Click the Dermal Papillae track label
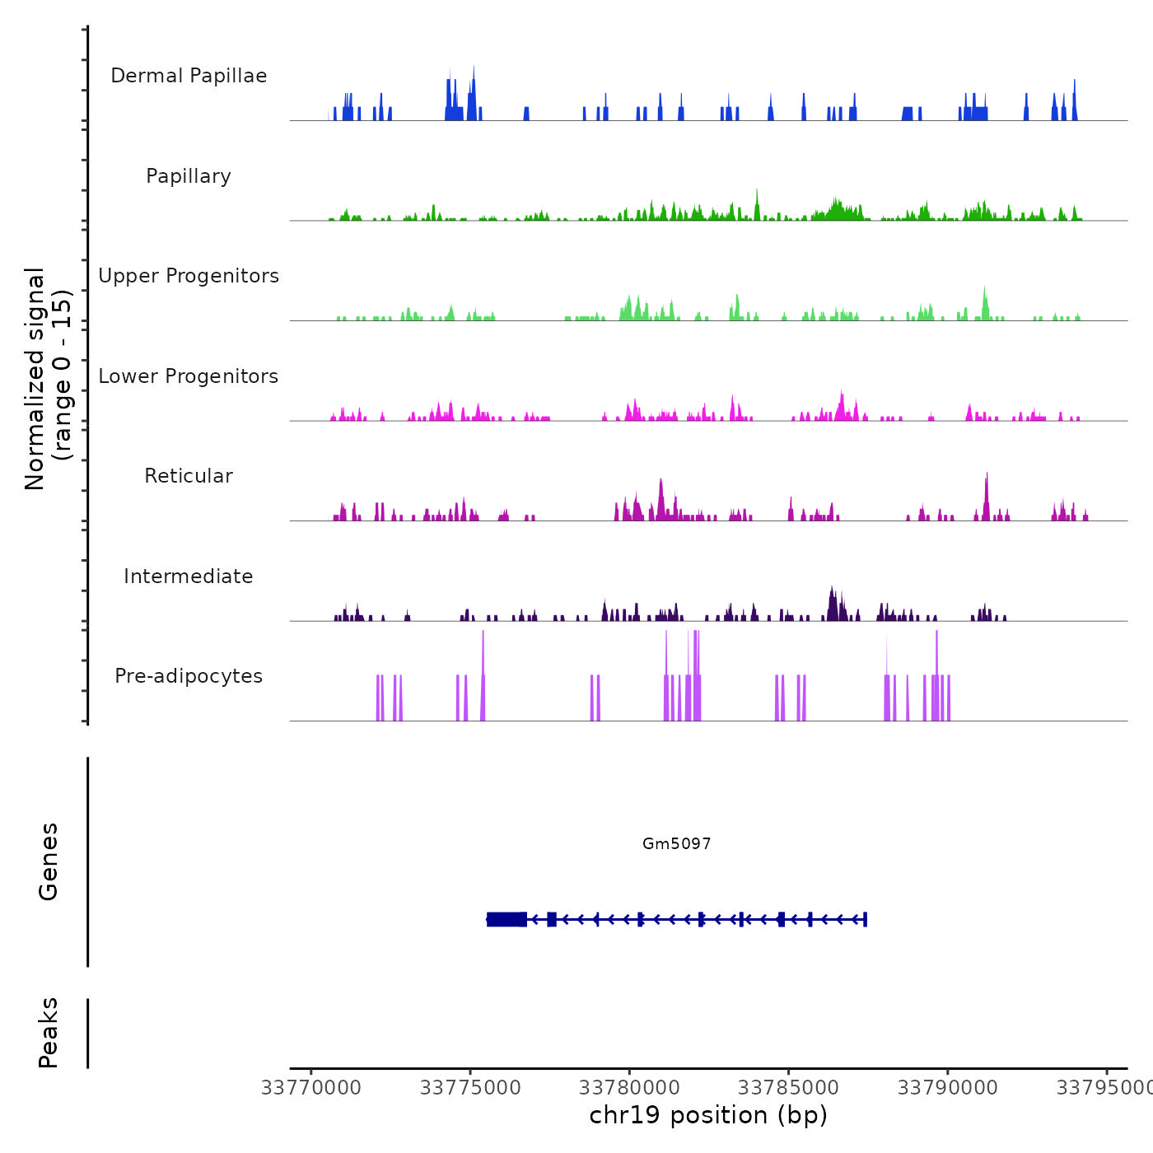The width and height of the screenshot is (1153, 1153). (x=189, y=76)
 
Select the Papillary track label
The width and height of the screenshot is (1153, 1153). (x=189, y=176)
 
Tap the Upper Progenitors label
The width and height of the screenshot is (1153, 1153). (x=189, y=276)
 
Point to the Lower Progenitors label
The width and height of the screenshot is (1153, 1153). (x=189, y=376)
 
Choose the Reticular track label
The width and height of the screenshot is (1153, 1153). (x=189, y=476)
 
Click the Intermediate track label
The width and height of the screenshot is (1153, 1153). (x=189, y=576)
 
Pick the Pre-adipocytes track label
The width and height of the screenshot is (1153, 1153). (x=189, y=676)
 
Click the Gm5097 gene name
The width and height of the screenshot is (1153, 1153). (x=676, y=843)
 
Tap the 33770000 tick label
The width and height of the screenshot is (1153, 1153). (x=311, y=1088)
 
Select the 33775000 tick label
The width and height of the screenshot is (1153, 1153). (x=470, y=1088)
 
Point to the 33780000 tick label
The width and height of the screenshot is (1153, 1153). (x=629, y=1088)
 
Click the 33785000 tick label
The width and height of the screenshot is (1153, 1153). (x=788, y=1088)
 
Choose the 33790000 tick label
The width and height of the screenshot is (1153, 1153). (x=947, y=1088)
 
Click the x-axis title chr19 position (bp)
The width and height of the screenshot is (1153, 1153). (x=708, y=1115)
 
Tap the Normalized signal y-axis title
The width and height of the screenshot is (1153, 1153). (x=48, y=378)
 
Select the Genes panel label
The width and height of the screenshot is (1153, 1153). (x=49, y=861)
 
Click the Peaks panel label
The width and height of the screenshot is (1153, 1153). (x=49, y=1033)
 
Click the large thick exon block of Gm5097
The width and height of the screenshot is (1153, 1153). (x=506, y=919)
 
